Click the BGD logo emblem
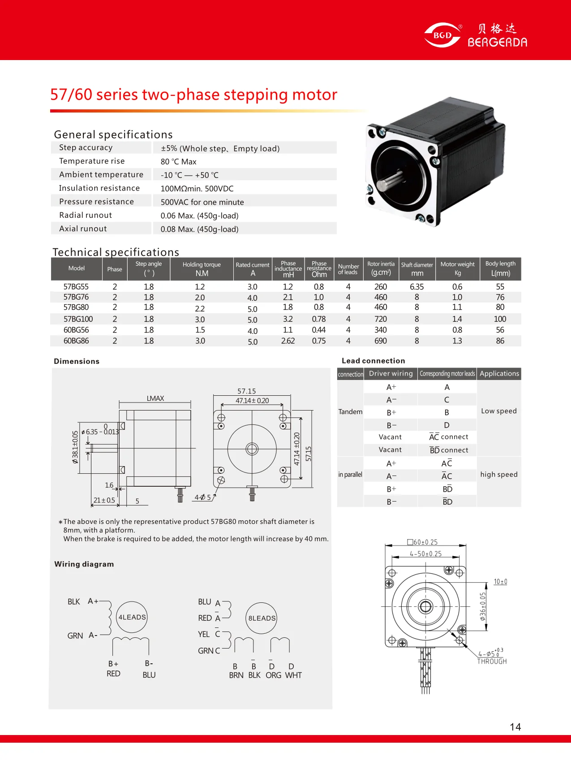point(442,35)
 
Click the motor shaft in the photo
point(388,183)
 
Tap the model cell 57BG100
point(78,319)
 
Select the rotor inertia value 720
point(381,319)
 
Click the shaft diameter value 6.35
point(416,287)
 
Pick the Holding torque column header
point(202,268)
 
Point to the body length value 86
point(500,341)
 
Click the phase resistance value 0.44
point(318,330)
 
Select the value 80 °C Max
point(178,162)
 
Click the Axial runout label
point(83,229)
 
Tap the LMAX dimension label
point(155,398)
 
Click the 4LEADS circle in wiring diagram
point(132,617)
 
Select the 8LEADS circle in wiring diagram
point(262,618)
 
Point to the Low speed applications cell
point(498,411)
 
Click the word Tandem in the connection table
point(350,412)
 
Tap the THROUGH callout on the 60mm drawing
point(492,662)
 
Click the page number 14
point(515,727)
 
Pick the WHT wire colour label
point(293,675)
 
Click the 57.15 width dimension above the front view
point(247,391)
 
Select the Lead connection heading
point(373,361)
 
